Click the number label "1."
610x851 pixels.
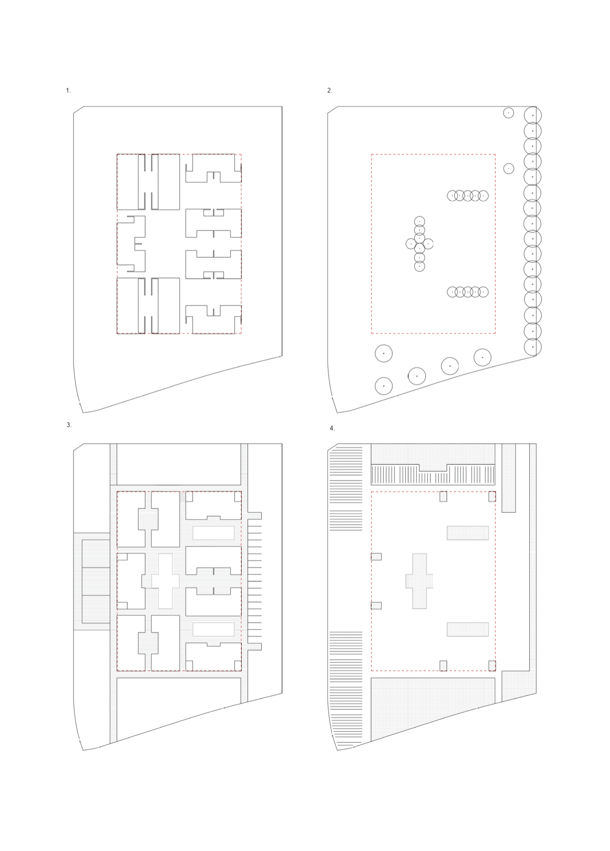pos(68,91)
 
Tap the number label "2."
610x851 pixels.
pos(330,91)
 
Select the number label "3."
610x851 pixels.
pos(69,424)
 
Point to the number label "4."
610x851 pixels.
pos(332,428)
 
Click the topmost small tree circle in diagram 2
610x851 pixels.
pos(508,113)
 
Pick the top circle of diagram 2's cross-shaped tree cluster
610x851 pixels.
pos(420,222)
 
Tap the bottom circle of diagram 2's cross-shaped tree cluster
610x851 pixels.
pos(420,266)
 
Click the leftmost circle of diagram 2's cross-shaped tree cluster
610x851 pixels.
pos(411,244)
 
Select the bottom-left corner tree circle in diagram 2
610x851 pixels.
pos(384,386)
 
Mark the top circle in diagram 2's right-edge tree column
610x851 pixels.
pos(532,115)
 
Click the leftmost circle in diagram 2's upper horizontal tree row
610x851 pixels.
pos(452,195)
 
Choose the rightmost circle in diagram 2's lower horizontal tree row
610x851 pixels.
pos(483,292)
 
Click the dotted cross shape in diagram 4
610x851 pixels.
pos(420,581)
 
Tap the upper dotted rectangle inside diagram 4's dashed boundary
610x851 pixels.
pos(467,533)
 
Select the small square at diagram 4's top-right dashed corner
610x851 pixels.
pos(492,496)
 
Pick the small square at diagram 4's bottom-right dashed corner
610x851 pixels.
pos(492,666)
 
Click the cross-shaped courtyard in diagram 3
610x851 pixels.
pos(166,581)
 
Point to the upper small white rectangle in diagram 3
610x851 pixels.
pos(214,533)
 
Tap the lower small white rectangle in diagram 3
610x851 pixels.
pos(214,629)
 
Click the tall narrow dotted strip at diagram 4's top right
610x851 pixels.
pos(509,477)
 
